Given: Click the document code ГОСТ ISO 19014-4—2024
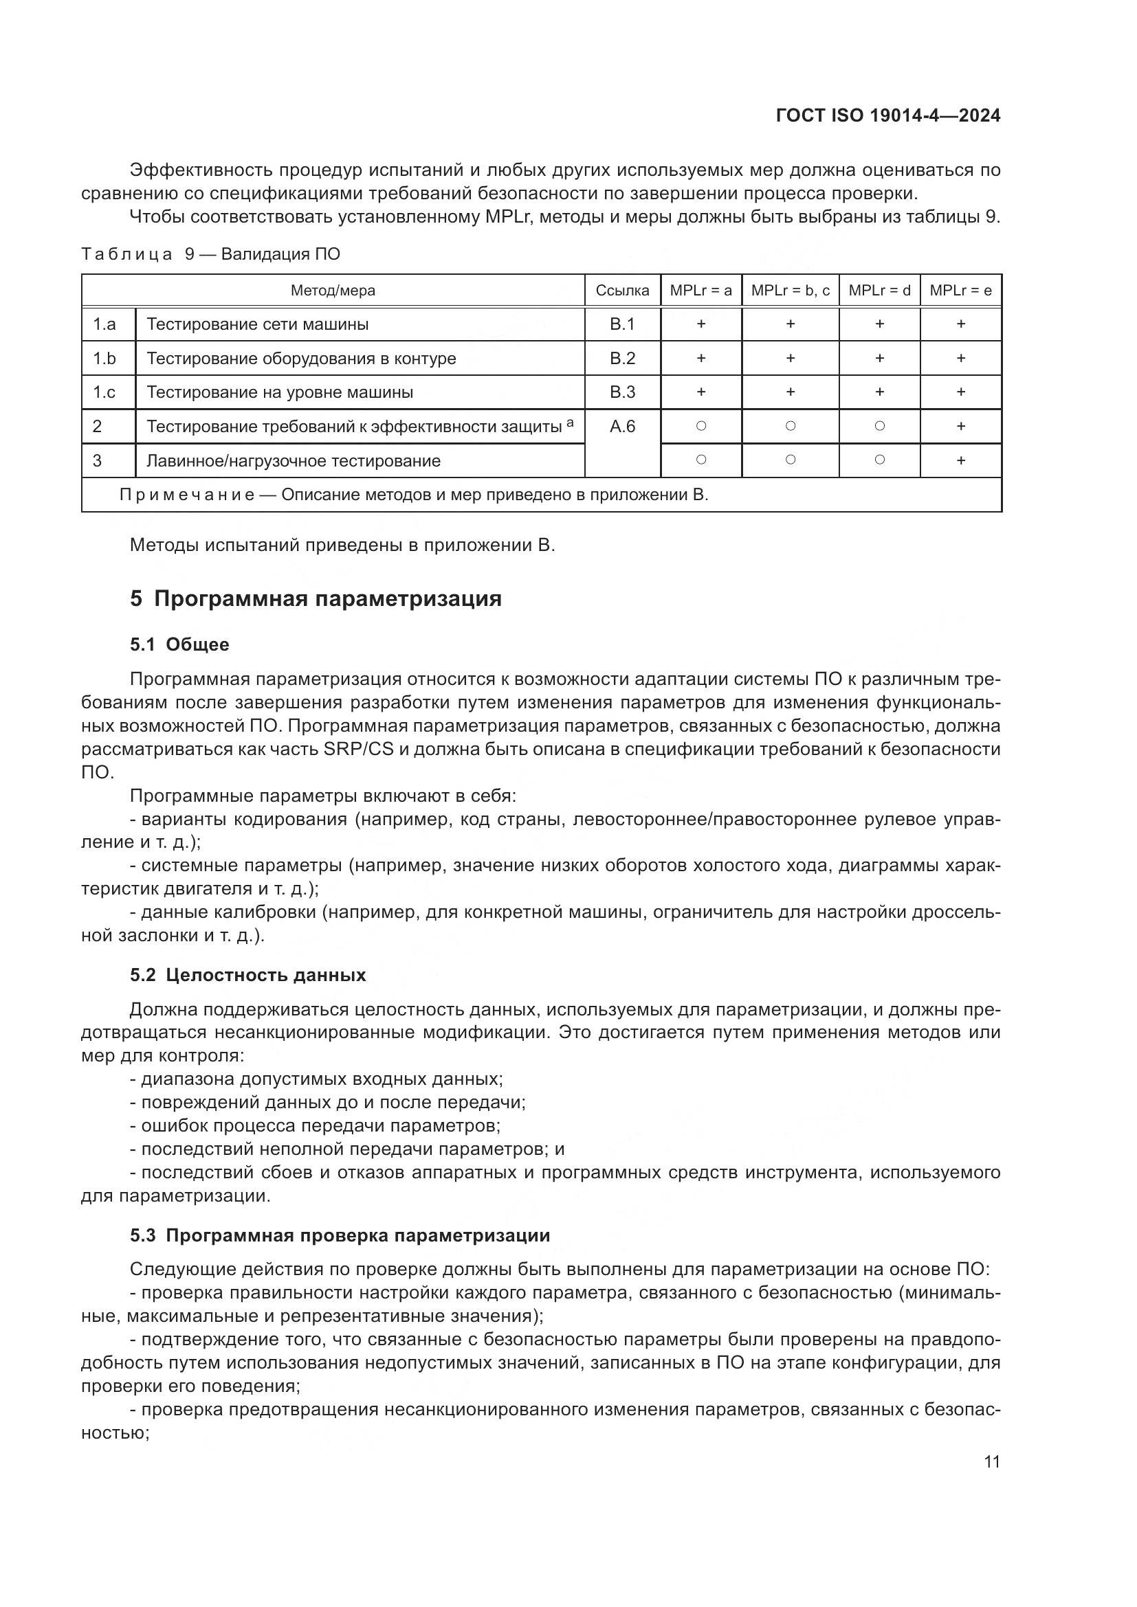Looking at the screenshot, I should coord(887,116).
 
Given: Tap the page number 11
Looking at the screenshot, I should coord(991,1461).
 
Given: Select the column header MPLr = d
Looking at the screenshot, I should coord(879,291).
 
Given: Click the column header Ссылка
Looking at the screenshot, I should coord(622,291).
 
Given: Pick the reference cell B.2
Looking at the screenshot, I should coord(622,359).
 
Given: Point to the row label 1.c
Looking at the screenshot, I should coord(104,392).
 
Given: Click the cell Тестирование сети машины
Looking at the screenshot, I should coord(258,324).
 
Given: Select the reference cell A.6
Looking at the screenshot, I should coord(622,426).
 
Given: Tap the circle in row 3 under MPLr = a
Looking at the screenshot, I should coord(700,460).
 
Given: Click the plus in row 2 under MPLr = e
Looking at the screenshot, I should coord(960,425).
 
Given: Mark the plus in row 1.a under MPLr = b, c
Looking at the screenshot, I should coord(791,324).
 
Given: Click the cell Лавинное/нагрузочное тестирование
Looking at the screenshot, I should coord(294,460).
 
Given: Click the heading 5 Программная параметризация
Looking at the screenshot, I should coord(316,599).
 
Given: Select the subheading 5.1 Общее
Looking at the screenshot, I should coord(179,644).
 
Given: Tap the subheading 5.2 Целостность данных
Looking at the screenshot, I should coord(248,975).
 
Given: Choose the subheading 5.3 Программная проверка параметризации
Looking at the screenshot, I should coord(340,1235).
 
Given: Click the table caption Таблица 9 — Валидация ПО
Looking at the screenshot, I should coord(211,254).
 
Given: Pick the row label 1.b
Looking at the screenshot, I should coord(104,359).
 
